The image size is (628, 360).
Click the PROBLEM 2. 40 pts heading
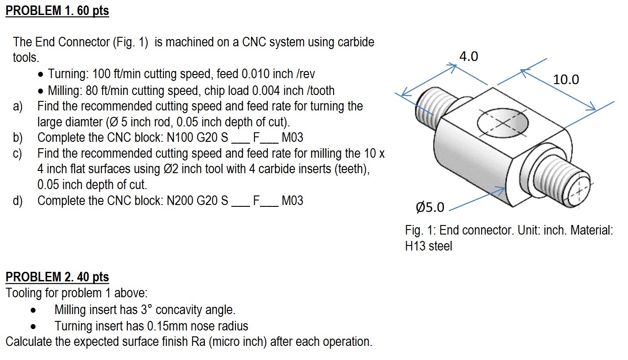coord(57,276)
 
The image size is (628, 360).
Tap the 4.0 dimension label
coord(469,56)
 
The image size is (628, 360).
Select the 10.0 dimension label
coord(566,80)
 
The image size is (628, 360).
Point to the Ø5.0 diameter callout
coord(429,208)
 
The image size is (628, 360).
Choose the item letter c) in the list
coord(18,153)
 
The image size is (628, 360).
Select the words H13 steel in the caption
coord(428,246)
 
